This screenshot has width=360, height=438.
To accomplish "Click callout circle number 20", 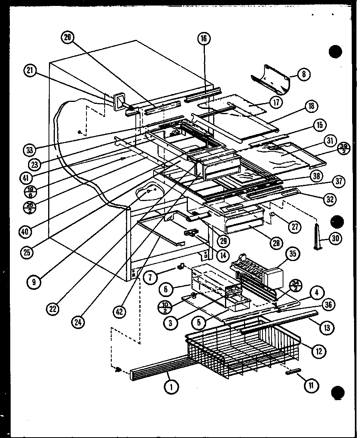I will click(x=68, y=38).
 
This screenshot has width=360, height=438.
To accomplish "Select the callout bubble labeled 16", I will click(x=204, y=38).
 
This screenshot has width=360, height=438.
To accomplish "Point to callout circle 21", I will click(x=30, y=71).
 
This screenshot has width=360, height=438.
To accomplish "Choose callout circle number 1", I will click(x=171, y=387).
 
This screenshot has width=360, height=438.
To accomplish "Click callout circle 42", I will click(x=119, y=311).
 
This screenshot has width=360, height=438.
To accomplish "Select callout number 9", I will click(x=34, y=282).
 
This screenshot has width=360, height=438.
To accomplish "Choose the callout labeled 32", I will click(x=329, y=199).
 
